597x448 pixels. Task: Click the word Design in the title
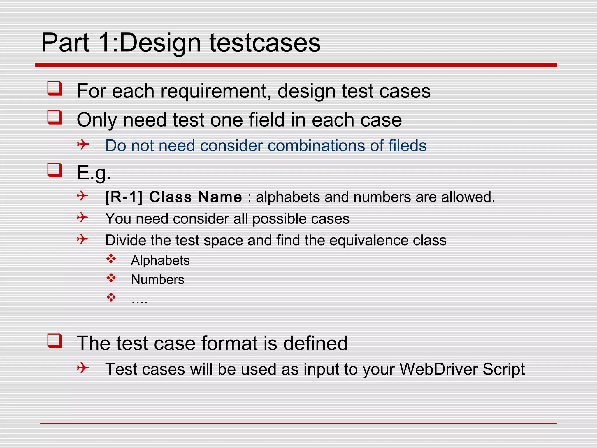click(160, 43)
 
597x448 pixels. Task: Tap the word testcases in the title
click(265, 43)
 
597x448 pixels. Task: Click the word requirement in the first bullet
click(214, 91)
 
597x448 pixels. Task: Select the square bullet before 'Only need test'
click(55, 117)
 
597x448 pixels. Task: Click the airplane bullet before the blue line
click(83, 144)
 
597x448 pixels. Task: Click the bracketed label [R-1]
click(124, 197)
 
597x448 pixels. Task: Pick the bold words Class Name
click(195, 197)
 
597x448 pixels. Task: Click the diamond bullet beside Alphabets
click(111, 259)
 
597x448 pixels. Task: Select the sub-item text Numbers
click(158, 279)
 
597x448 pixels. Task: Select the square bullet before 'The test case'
click(55, 341)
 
